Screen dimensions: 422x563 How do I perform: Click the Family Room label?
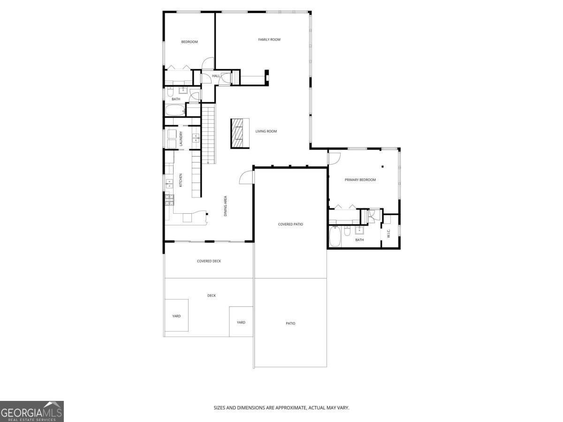(x=269, y=39)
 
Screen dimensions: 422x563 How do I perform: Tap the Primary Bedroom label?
(x=360, y=180)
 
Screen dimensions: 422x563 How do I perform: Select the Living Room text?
(x=266, y=131)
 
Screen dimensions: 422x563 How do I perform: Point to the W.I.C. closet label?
(x=389, y=233)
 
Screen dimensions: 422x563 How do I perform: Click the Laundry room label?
(x=181, y=139)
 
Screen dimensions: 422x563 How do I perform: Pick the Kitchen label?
(x=181, y=180)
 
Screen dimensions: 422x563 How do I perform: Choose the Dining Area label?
(x=226, y=206)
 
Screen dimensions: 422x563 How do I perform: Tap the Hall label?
(x=216, y=75)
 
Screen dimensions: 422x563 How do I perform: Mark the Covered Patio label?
(x=290, y=224)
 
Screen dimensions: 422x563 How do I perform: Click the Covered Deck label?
(x=209, y=261)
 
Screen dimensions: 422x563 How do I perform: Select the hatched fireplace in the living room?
(x=240, y=134)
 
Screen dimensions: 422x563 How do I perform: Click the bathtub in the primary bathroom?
(x=335, y=236)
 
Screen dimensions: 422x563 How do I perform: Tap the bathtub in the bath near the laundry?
(x=175, y=111)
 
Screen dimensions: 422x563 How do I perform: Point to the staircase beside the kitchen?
(x=208, y=135)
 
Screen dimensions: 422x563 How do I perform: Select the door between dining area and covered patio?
(x=247, y=177)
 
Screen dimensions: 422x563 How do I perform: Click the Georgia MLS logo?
(x=31, y=411)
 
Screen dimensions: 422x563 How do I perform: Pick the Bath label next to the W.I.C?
(x=359, y=240)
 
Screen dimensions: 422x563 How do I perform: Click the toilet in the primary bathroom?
(x=347, y=231)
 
